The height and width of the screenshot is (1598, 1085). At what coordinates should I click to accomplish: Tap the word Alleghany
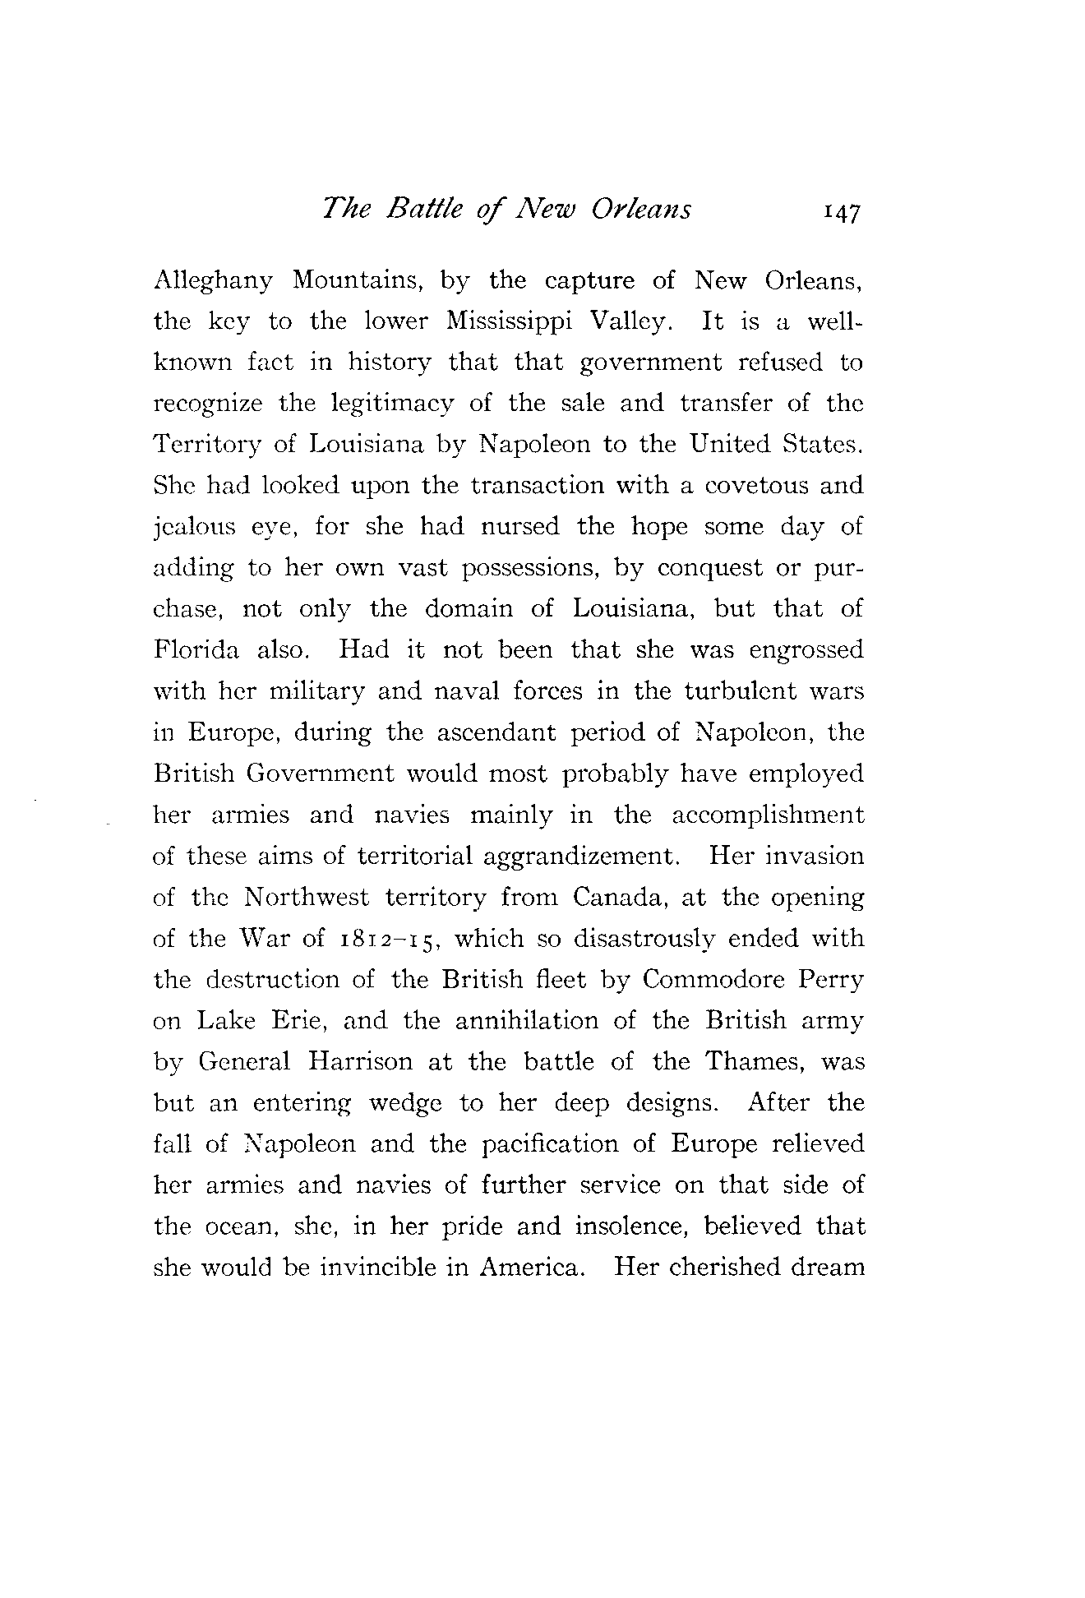(213, 281)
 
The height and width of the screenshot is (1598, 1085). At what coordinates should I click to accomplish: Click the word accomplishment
(768, 815)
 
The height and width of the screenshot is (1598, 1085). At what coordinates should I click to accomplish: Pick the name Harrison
(361, 1062)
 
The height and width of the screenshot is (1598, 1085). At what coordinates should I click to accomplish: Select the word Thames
(755, 1062)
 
